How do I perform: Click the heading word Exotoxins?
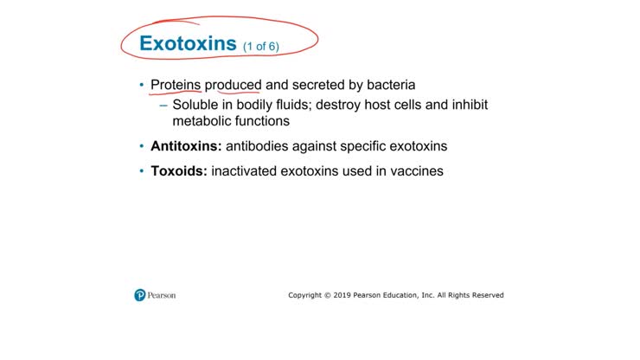click(188, 43)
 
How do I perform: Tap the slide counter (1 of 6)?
click(260, 46)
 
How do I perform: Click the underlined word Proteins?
click(176, 85)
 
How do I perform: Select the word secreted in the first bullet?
click(322, 85)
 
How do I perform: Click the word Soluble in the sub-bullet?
click(195, 104)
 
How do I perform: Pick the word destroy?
click(347, 104)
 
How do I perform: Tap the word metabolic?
click(202, 121)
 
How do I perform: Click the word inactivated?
click(245, 171)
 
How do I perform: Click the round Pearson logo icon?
click(140, 295)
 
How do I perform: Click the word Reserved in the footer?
click(486, 295)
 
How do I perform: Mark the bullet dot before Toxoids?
click(142, 171)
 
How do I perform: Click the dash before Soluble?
click(163, 105)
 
